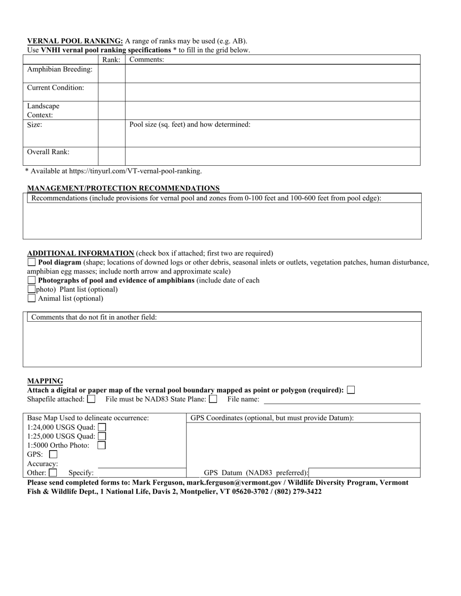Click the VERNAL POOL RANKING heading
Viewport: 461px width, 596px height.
pos(75,41)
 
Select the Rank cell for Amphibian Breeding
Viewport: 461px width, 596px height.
pos(112,73)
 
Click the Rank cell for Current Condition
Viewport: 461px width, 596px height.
pos(112,92)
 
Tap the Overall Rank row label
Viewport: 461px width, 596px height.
pos(49,152)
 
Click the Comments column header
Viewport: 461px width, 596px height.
pos(147,60)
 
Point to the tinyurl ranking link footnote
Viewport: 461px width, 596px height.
pos(114,171)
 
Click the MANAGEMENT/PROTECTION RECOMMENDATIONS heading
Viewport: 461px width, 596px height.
pos(123,188)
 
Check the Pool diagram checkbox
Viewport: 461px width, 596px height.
pos(32,262)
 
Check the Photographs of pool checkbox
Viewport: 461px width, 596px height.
pos(32,280)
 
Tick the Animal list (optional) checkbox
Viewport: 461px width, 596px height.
pos(32,298)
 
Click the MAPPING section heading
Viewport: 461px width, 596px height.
pos(45,381)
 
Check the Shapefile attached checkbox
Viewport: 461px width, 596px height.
pos(91,399)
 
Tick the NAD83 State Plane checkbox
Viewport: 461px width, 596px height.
pos(213,399)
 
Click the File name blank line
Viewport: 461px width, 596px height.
pos(342,400)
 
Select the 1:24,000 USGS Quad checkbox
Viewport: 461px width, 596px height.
pos(102,427)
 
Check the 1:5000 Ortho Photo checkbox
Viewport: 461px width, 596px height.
pos(101,445)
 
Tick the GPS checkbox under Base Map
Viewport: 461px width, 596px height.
pos(53,455)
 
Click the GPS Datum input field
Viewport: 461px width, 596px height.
pos(364,473)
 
